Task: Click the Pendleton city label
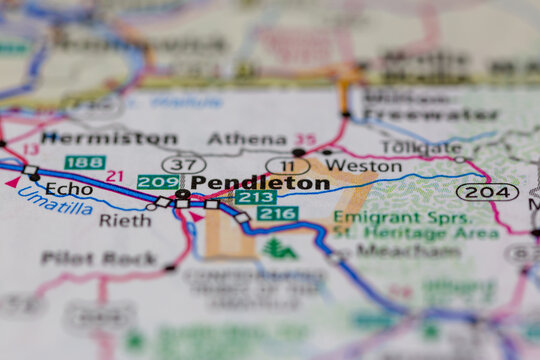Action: pos(259,183)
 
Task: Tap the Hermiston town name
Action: pos(109,138)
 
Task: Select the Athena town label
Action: pos(240,139)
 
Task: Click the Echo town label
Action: pos(68,188)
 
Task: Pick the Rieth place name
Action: pos(125,220)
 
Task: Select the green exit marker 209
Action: pos(158,182)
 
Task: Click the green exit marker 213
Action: pos(256,197)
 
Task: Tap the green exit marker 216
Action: pos(277,213)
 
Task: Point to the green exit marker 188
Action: pos(84,162)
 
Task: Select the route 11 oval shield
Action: pos(287,165)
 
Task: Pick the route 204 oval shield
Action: pos(487,191)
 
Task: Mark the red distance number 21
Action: pos(115,176)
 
